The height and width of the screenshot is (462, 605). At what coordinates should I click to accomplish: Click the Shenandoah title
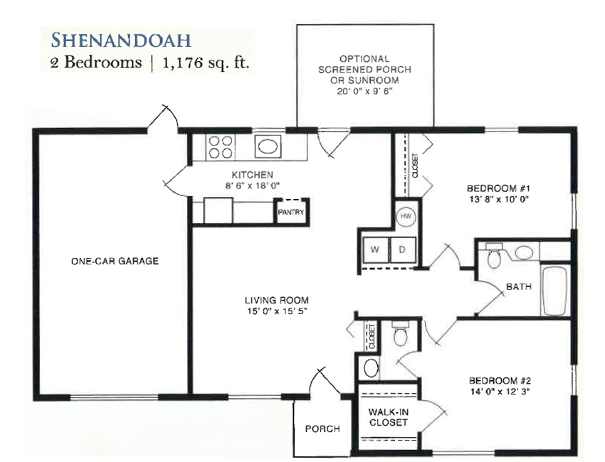121,40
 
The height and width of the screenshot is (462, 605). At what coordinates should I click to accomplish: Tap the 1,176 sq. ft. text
206,63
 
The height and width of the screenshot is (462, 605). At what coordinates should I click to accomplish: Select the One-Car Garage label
115,262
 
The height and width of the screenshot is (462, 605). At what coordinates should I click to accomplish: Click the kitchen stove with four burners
221,147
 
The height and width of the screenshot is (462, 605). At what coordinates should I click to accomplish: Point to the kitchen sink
268,147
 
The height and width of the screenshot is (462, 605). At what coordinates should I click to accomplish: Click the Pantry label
291,212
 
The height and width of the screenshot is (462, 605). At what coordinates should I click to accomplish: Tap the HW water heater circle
406,216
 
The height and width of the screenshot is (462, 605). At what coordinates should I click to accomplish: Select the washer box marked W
375,249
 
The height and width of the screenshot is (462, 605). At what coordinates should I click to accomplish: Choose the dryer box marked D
402,249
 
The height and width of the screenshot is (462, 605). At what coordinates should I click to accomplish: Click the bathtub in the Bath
554,289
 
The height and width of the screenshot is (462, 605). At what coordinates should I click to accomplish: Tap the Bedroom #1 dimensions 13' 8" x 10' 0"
498,200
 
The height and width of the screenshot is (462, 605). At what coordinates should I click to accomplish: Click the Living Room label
277,300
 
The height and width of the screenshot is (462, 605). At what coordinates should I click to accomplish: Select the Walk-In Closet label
388,417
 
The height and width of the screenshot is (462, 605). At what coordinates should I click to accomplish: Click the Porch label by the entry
322,429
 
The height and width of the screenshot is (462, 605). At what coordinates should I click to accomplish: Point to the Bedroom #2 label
500,381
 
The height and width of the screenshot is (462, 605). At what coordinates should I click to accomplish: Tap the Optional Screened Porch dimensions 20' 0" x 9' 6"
364,91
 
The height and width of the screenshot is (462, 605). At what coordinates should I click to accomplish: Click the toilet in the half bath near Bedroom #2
400,333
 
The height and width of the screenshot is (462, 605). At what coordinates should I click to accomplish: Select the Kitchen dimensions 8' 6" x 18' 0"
253,186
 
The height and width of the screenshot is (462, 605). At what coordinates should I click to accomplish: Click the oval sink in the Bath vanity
524,253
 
